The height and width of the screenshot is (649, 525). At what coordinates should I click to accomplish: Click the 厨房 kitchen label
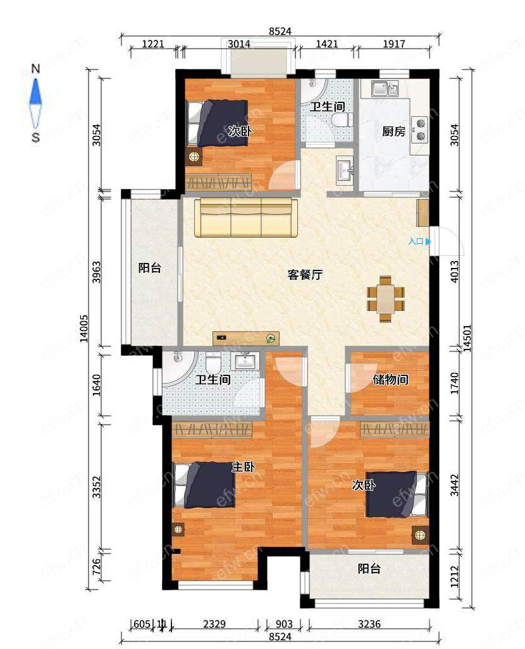click(393, 131)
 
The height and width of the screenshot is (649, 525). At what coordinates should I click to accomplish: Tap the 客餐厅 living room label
click(305, 275)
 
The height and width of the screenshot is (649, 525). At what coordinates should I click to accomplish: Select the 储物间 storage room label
click(390, 379)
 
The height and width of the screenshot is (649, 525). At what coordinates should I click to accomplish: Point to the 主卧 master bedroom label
click(243, 467)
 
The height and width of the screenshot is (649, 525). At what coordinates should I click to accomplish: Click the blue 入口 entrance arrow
click(428, 241)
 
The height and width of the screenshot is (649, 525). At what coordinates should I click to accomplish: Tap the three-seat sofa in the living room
click(246, 217)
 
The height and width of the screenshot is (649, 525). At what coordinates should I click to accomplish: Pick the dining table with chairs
click(385, 298)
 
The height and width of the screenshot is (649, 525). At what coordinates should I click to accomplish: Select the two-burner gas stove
click(420, 130)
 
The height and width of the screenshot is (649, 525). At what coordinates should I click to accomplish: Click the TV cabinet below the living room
click(246, 338)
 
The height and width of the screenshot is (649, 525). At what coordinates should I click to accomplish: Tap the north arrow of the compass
click(35, 92)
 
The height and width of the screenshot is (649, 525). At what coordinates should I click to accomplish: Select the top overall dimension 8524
click(280, 32)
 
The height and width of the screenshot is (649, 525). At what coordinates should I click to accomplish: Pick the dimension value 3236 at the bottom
click(369, 624)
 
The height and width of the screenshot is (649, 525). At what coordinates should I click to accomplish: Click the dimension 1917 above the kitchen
click(393, 44)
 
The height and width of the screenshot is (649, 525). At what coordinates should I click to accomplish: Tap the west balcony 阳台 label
click(149, 268)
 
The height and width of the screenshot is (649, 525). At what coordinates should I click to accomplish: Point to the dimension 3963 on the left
click(96, 272)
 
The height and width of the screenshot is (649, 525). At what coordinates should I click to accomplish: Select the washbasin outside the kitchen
click(345, 169)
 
